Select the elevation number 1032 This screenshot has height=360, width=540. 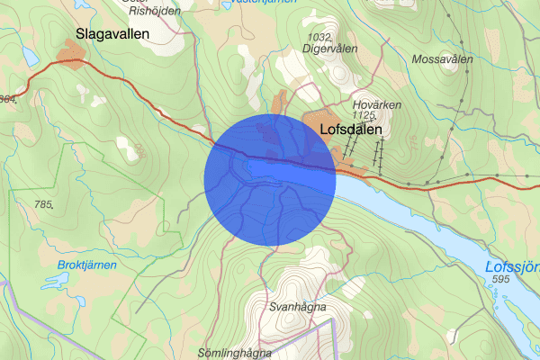(320, 37)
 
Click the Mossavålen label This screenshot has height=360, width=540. (442, 59)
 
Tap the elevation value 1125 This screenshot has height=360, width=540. (364, 115)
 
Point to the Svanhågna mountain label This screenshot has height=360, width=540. (296, 307)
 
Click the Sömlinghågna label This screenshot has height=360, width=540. (235, 353)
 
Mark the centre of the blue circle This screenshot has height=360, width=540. (271, 180)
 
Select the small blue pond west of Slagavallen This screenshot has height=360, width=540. (30, 56)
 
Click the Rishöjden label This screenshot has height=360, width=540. (154, 12)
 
